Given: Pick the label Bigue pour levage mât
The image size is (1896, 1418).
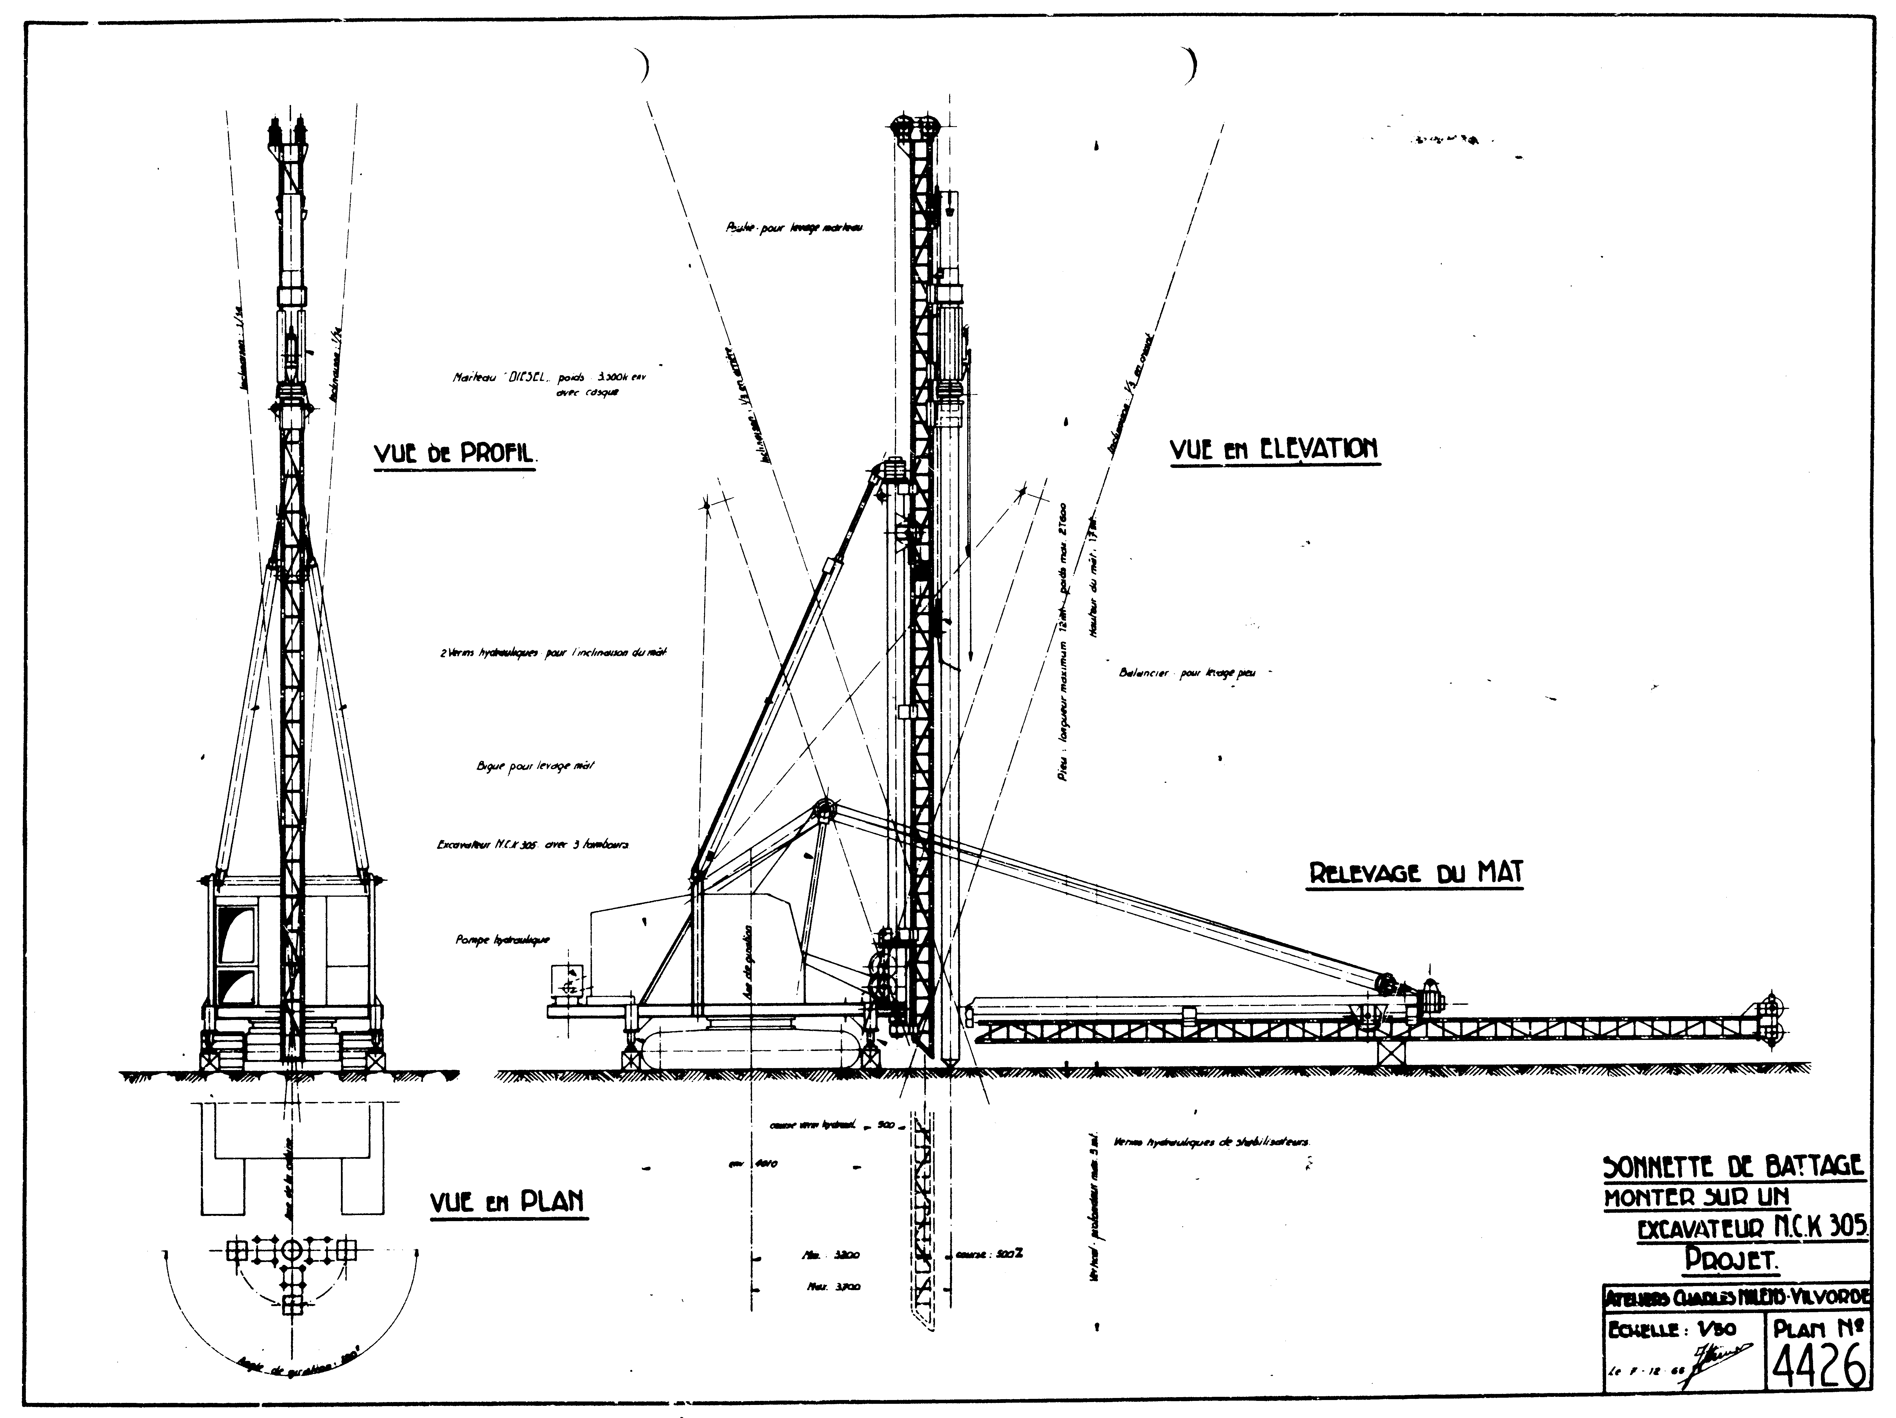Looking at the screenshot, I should pyautogui.click(x=535, y=766).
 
